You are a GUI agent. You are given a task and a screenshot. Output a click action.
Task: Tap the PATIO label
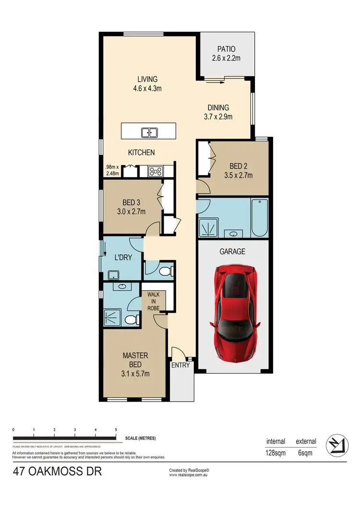(x=227, y=49)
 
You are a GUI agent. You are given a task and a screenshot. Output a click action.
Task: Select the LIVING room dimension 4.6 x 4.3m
(x=147, y=88)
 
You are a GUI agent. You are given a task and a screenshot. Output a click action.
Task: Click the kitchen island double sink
(x=148, y=132)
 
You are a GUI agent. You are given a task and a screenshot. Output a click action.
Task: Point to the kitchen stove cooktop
(x=156, y=171)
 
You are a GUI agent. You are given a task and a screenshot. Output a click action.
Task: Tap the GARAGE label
(x=233, y=251)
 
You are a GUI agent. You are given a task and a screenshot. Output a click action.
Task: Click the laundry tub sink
(x=114, y=274)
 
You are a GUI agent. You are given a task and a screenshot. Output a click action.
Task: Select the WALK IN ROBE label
(x=154, y=301)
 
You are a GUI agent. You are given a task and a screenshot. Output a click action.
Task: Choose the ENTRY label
(x=180, y=365)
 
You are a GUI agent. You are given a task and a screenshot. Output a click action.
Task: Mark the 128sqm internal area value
(x=276, y=452)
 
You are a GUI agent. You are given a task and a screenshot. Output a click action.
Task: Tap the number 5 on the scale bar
(x=116, y=430)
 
